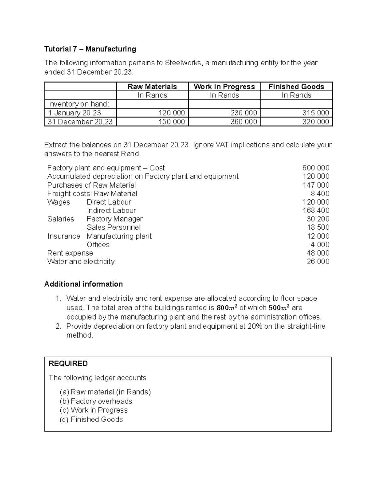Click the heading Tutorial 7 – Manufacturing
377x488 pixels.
90,49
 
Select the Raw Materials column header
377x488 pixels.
152,87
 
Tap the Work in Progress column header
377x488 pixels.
224,87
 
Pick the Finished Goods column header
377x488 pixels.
296,87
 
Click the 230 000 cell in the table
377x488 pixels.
243,113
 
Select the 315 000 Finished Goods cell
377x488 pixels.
315,113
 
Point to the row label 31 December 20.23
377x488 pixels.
80,122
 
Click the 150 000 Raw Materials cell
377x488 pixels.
172,122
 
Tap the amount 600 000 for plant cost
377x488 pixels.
316,168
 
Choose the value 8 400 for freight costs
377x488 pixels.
320,194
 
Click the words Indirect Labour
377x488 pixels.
112,211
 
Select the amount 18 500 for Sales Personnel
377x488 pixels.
318,228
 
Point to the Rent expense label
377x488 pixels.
70,253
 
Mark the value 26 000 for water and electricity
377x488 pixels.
318,261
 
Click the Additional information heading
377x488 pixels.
84,284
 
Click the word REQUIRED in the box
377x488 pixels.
68,364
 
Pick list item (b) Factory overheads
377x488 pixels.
96,401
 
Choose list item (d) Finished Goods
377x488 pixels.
91,419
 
